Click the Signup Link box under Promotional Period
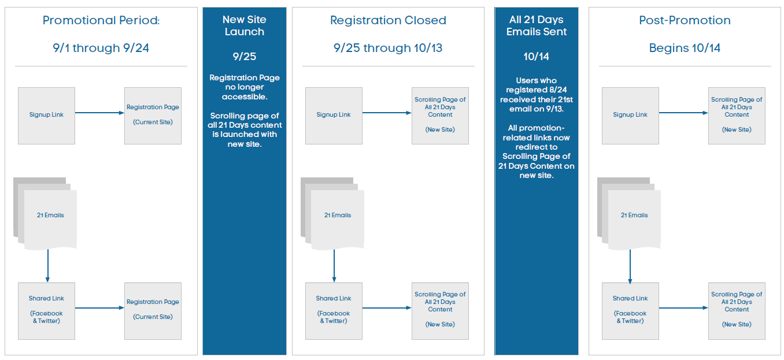[47, 116]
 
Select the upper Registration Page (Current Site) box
[153, 116]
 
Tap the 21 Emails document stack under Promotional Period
[45, 214]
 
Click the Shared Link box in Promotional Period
[47, 311]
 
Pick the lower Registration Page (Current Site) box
[153, 311]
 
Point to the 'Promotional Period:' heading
[101, 20]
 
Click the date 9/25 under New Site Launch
[245, 56]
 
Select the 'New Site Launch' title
[245, 25]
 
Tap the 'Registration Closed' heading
[388, 20]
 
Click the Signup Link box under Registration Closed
[334, 116]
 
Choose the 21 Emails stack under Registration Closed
[332, 214]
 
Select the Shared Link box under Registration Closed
[334, 311]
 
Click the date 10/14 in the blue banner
[536, 56]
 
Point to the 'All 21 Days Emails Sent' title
[536, 25]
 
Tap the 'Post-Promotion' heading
[685, 20]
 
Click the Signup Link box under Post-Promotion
[630, 116]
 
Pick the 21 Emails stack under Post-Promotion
[629, 214]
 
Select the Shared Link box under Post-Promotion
[630, 311]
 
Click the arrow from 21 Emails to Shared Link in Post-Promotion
[630, 266]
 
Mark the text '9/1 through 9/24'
[101, 48]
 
